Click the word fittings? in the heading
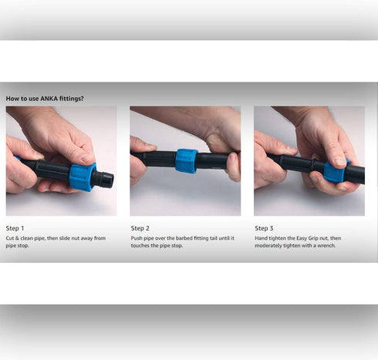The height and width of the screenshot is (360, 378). click(72, 99)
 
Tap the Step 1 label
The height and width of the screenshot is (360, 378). click(15, 228)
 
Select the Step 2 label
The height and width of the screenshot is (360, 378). click(140, 228)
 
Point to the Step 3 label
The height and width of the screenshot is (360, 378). click(264, 228)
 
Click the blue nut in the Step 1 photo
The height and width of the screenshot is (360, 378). click(83, 177)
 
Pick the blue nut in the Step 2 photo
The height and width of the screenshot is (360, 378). click(187, 160)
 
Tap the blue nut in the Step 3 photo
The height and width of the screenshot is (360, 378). click(334, 170)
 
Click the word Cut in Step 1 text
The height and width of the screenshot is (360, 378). click(9, 238)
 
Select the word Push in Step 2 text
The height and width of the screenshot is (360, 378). click(137, 238)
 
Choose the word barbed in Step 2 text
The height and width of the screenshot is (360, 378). click(184, 238)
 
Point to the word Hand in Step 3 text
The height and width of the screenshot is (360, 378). click(261, 238)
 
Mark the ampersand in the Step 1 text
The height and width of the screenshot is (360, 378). click(17, 238)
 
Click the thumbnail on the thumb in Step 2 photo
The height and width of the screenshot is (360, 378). click(150, 146)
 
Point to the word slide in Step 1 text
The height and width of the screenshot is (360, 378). click(65, 238)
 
